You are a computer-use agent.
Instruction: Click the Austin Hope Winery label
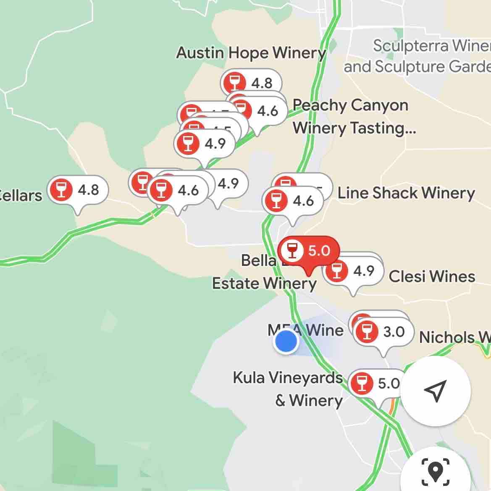click(251, 53)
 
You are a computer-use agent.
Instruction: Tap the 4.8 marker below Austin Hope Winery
click(251, 83)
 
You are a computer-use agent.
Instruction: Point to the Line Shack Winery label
click(406, 193)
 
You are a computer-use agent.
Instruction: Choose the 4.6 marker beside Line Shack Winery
click(293, 201)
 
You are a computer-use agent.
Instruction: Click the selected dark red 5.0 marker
click(309, 251)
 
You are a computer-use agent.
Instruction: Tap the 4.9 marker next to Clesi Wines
click(353, 271)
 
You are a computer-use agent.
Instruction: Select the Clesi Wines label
click(432, 276)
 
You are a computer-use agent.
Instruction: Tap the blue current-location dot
click(286, 341)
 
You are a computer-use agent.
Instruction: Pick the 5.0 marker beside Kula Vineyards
click(374, 383)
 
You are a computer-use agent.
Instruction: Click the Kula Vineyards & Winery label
click(288, 389)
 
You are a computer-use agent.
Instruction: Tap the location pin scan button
click(435, 471)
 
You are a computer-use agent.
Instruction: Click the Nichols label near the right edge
click(454, 337)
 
